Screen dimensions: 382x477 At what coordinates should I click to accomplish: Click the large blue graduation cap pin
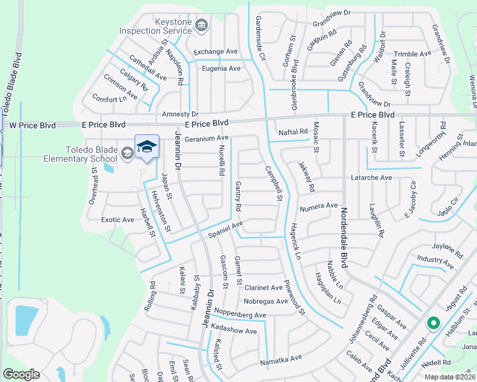[x=147, y=148]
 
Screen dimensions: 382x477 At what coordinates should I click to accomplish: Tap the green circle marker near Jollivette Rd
[x=433, y=324]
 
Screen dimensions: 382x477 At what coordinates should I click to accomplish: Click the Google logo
[x=21, y=374]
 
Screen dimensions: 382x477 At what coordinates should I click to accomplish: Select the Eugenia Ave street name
[x=221, y=68]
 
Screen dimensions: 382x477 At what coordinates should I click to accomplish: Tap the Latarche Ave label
[x=372, y=178]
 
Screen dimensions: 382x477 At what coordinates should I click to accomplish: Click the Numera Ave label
[x=318, y=206]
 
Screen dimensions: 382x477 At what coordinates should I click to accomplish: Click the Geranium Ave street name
[x=206, y=138]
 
